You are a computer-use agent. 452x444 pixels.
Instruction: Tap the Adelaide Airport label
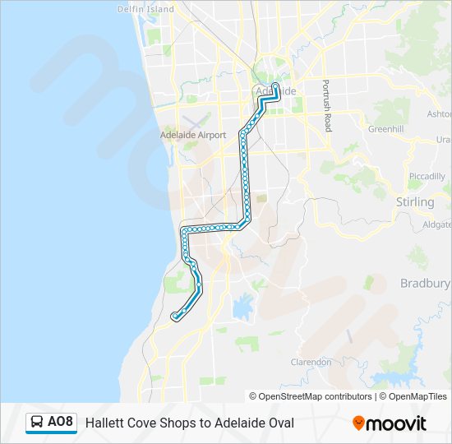click(190, 133)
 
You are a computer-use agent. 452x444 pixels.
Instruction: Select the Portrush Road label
click(326, 106)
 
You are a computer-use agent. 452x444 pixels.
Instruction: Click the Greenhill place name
click(385, 129)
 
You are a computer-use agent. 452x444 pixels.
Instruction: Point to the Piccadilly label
click(427, 176)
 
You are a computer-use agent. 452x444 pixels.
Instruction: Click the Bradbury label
click(425, 284)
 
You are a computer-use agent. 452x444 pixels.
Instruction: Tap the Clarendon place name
click(311, 361)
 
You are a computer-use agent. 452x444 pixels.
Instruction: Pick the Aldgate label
click(436, 224)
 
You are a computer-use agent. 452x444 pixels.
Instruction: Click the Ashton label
click(440, 114)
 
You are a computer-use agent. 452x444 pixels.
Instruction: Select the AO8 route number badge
click(60, 423)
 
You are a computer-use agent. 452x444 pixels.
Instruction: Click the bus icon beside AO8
click(37, 423)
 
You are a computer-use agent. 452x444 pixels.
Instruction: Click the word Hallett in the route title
click(106, 423)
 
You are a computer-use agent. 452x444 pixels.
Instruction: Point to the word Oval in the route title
click(279, 423)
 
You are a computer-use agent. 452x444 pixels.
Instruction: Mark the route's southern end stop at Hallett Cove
click(175, 317)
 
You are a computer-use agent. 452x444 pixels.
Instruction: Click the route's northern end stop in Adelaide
click(274, 85)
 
